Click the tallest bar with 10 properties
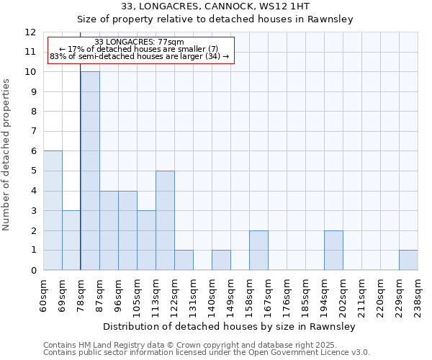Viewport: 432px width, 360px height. coord(90,171)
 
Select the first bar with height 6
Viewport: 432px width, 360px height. coord(53,210)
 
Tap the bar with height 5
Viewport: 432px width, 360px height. coord(165,220)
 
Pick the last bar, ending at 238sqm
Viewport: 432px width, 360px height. coord(408,260)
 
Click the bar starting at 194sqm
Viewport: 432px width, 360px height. coord(333,250)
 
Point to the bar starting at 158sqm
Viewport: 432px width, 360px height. coord(258,250)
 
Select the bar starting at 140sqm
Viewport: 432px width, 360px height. coord(221,260)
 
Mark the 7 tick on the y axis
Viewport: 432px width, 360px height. coord(32,131)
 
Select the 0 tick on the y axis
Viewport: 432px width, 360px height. coord(32,270)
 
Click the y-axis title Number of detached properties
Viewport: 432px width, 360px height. coord(7,155)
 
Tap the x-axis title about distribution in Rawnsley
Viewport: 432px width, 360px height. coord(230,326)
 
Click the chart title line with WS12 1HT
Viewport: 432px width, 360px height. coord(215,6)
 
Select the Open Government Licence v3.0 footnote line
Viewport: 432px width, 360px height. coord(207,353)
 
